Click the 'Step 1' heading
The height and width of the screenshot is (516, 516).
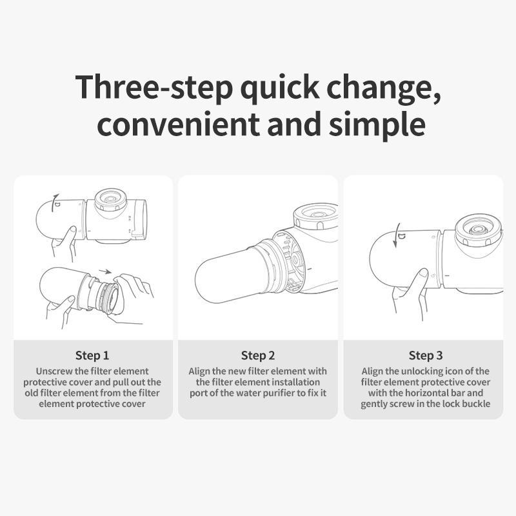(92, 355)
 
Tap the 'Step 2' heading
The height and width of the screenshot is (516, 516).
(257, 355)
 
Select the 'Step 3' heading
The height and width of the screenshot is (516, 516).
(426, 355)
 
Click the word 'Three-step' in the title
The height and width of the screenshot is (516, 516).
(154, 87)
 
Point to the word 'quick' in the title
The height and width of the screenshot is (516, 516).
(280, 87)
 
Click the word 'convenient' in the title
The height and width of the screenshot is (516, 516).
(179, 124)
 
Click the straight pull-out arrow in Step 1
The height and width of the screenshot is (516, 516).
(105, 272)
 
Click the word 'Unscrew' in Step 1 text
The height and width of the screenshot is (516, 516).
(54, 372)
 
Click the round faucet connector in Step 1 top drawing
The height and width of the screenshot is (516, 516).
(110, 201)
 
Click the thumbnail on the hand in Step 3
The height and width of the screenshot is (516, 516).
(424, 273)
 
